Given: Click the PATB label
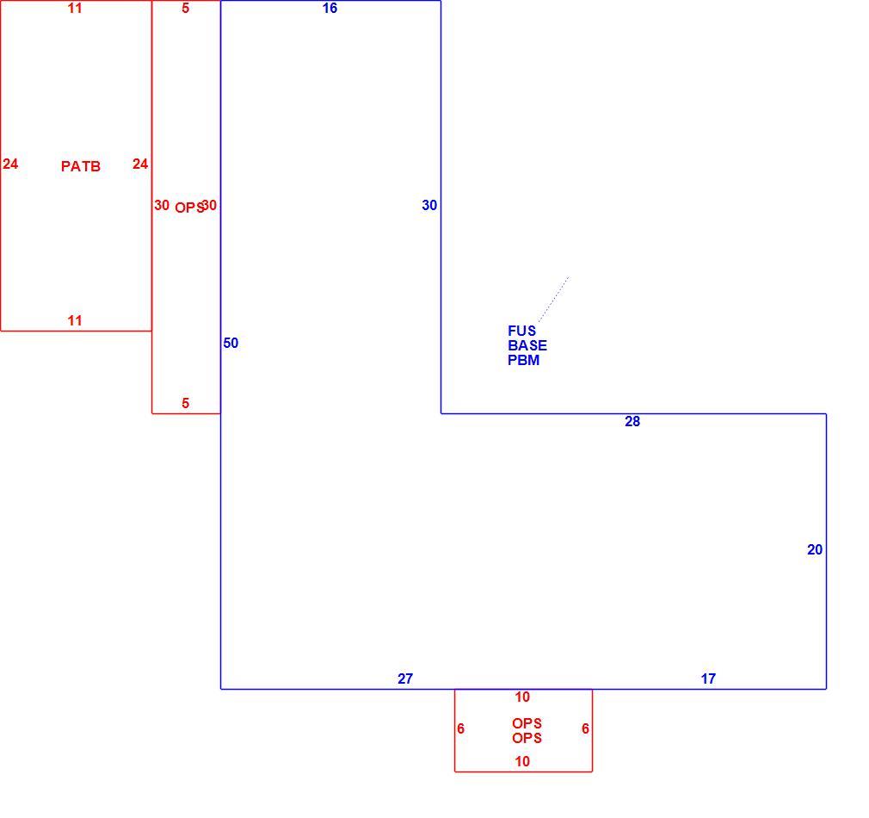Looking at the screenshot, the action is coord(81,166).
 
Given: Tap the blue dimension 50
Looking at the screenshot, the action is coord(231,343).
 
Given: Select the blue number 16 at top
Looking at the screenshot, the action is coord(330,8).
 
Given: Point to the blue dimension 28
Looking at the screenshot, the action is coord(632,421).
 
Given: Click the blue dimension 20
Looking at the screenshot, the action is coord(815,549).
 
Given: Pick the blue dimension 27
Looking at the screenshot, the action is coord(405,679).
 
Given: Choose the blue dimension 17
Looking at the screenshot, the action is coord(708,679).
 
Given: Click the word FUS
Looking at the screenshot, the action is coord(521,331).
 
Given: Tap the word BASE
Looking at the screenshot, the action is coord(527,345).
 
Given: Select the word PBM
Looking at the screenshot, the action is coord(523,360).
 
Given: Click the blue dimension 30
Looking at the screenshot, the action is coord(429,205).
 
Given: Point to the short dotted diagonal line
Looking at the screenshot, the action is coord(553,299).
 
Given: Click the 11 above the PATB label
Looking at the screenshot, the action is coord(75,8).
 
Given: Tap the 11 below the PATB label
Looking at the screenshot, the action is coord(75,320).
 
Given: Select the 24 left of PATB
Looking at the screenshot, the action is coord(10,164).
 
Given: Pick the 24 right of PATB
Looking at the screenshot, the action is coord(140,164).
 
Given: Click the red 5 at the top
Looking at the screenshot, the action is coord(186,8).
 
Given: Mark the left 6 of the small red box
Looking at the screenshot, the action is coord(460,728).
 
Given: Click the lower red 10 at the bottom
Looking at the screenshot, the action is coord(522,761).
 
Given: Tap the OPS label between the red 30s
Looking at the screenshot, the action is coord(189,208).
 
